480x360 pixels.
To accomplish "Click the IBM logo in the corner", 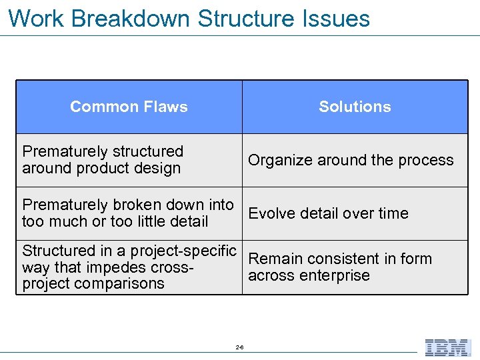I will [447, 347].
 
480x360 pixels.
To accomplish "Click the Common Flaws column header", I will [129, 107].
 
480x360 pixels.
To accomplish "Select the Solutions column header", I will [355, 107].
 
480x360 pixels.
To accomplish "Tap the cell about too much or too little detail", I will [128, 213].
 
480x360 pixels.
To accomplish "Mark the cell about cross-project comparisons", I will [129, 267].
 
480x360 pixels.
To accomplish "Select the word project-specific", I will [183, 251].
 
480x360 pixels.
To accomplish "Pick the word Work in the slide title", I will [36, 18].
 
